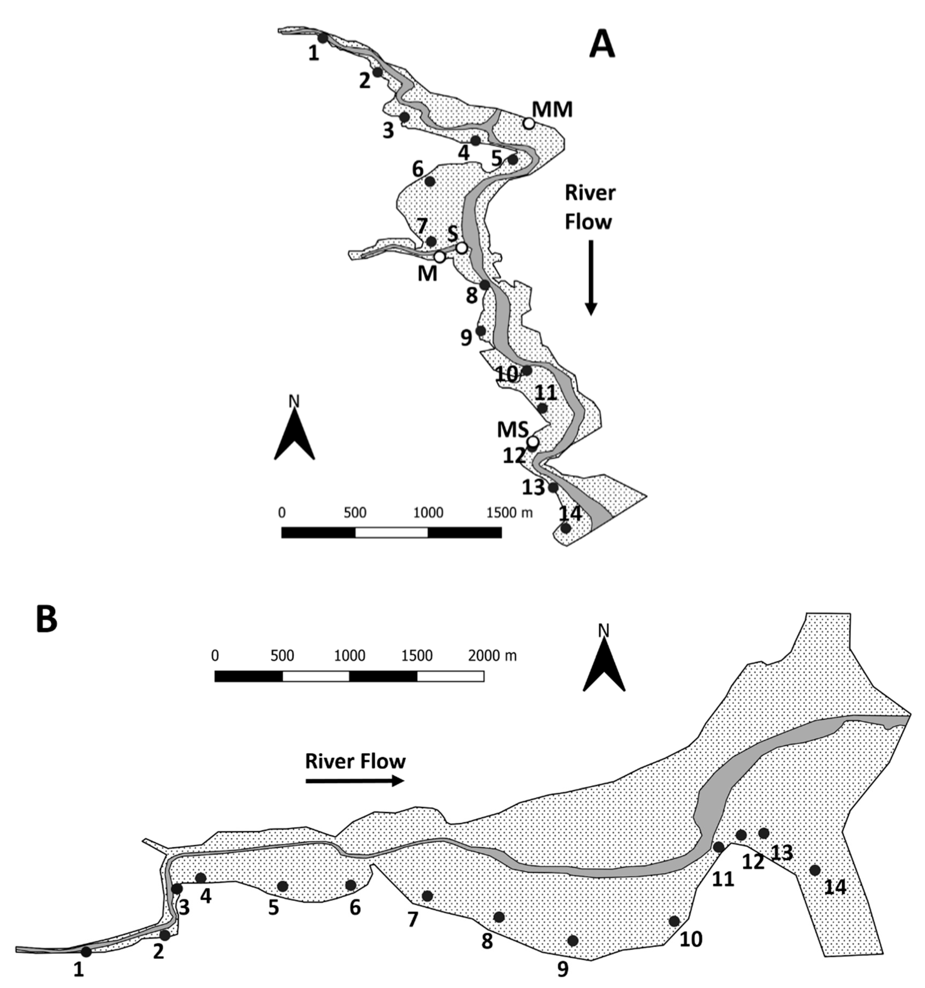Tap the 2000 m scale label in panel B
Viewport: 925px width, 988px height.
tap(492, 656)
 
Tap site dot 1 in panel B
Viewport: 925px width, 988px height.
tap(86, 952)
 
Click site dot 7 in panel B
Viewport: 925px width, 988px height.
tap(427, 896)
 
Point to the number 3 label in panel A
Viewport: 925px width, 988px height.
tap(388, 130)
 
